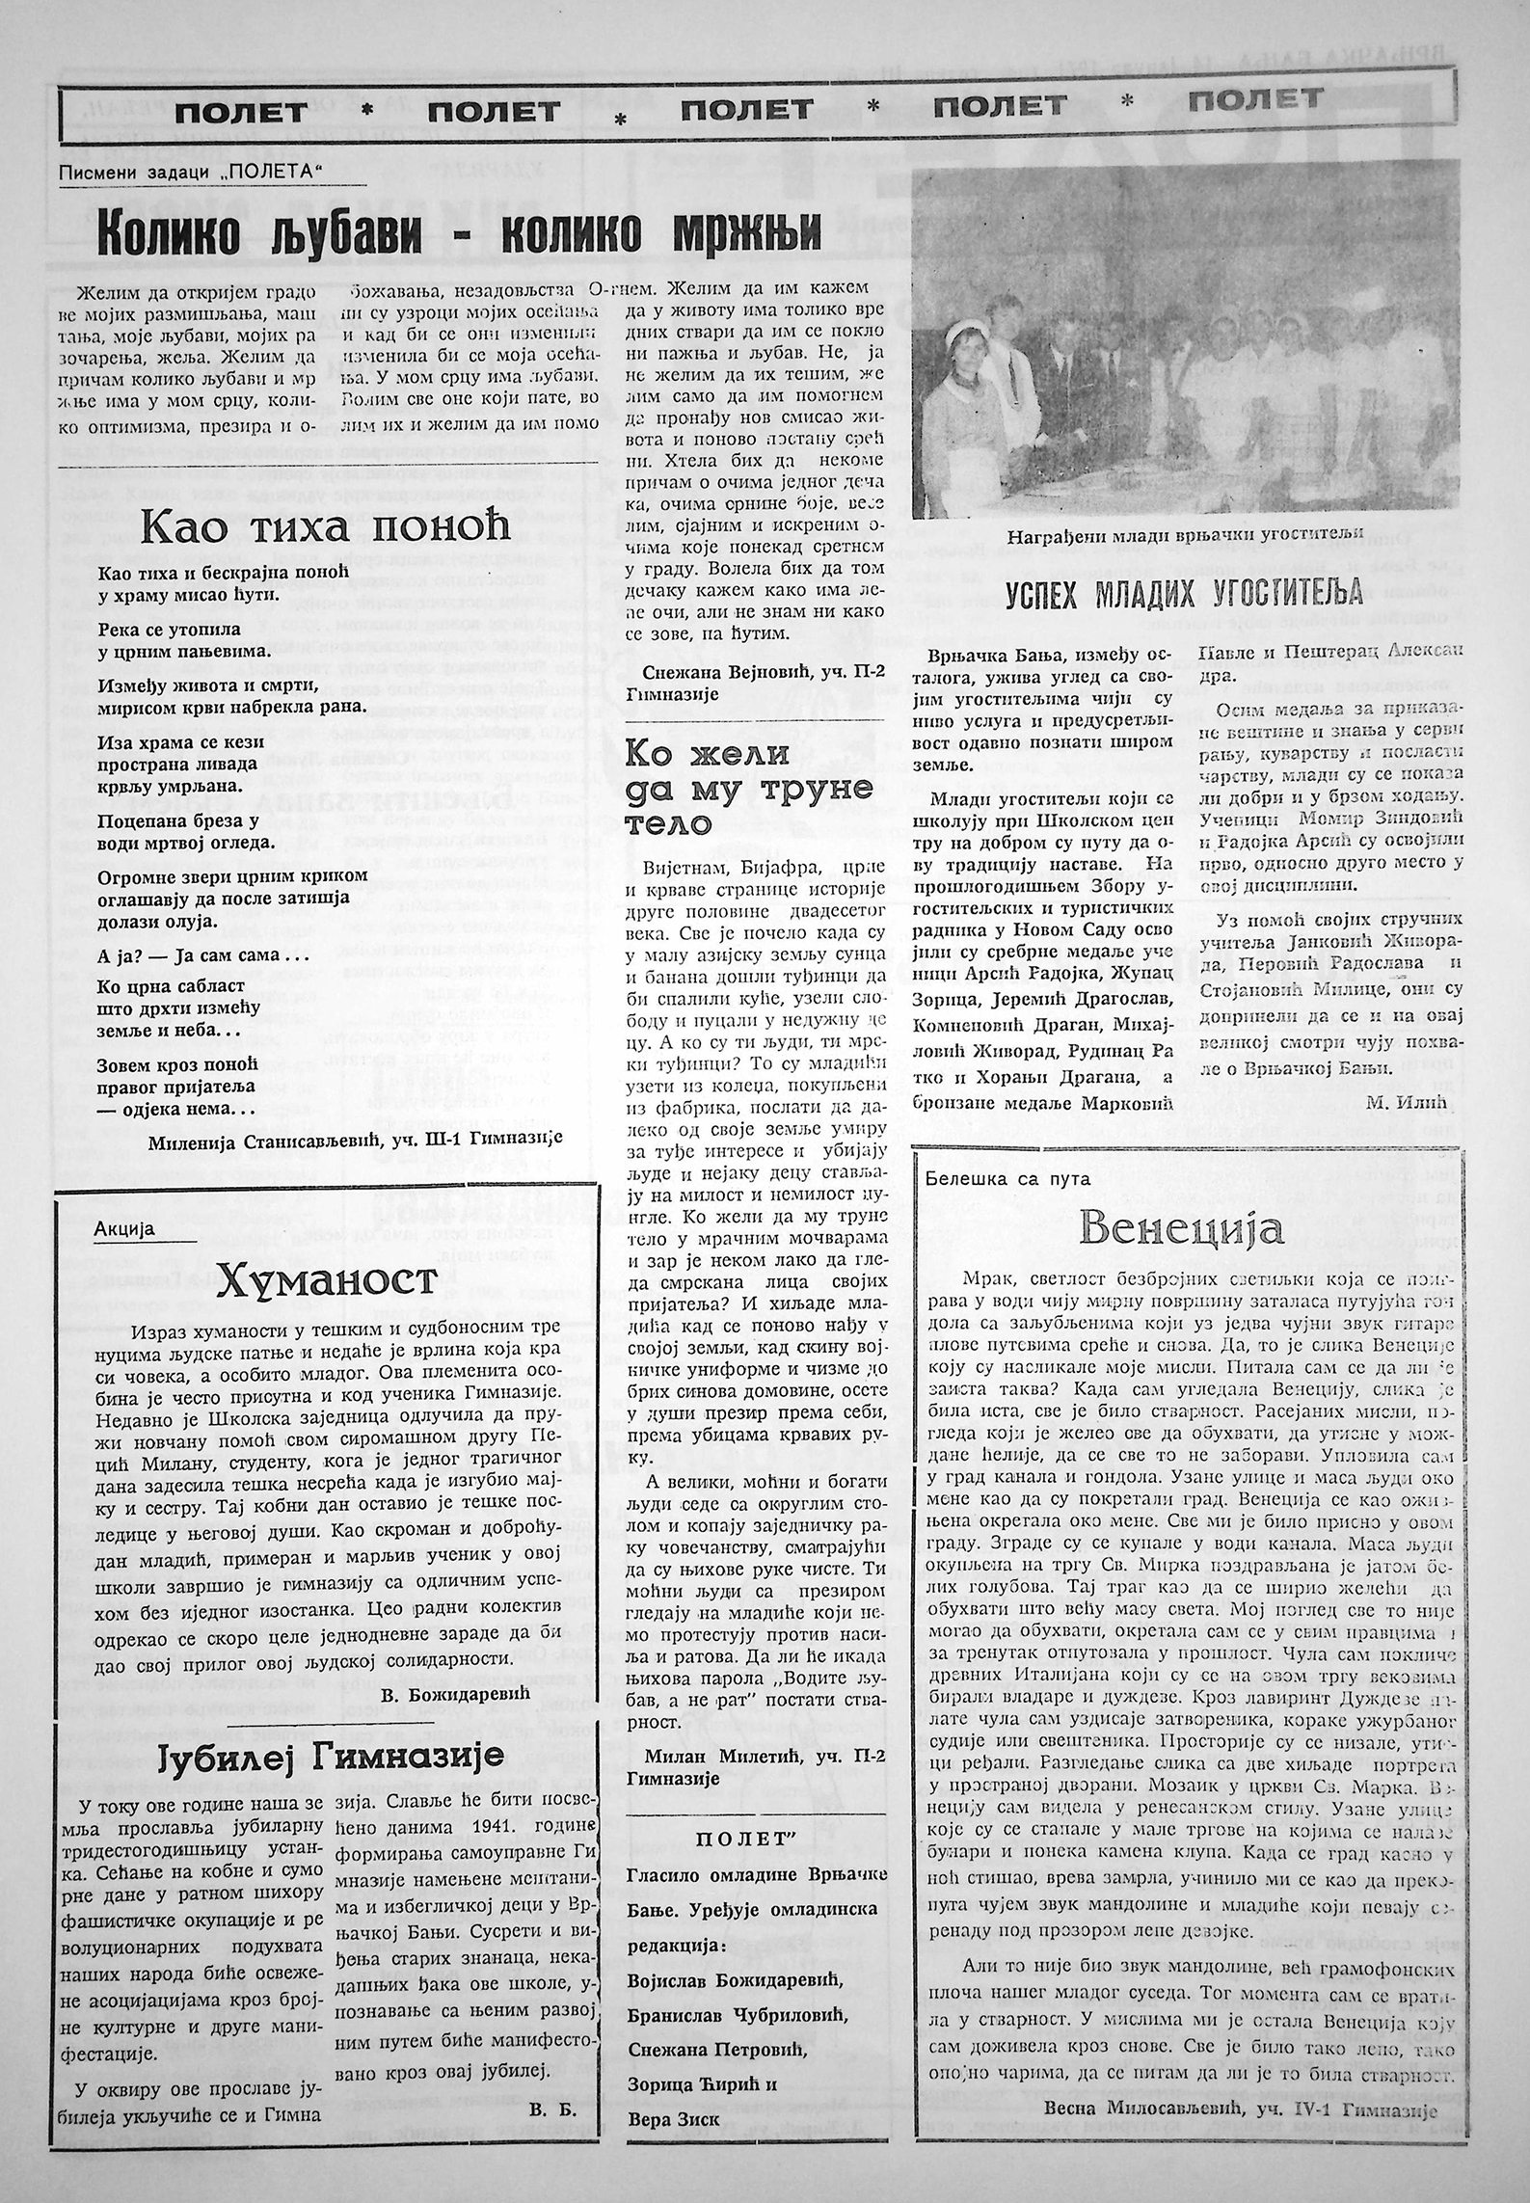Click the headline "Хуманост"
(x=327, y=1281)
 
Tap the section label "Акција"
(x=124, y=1228)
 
